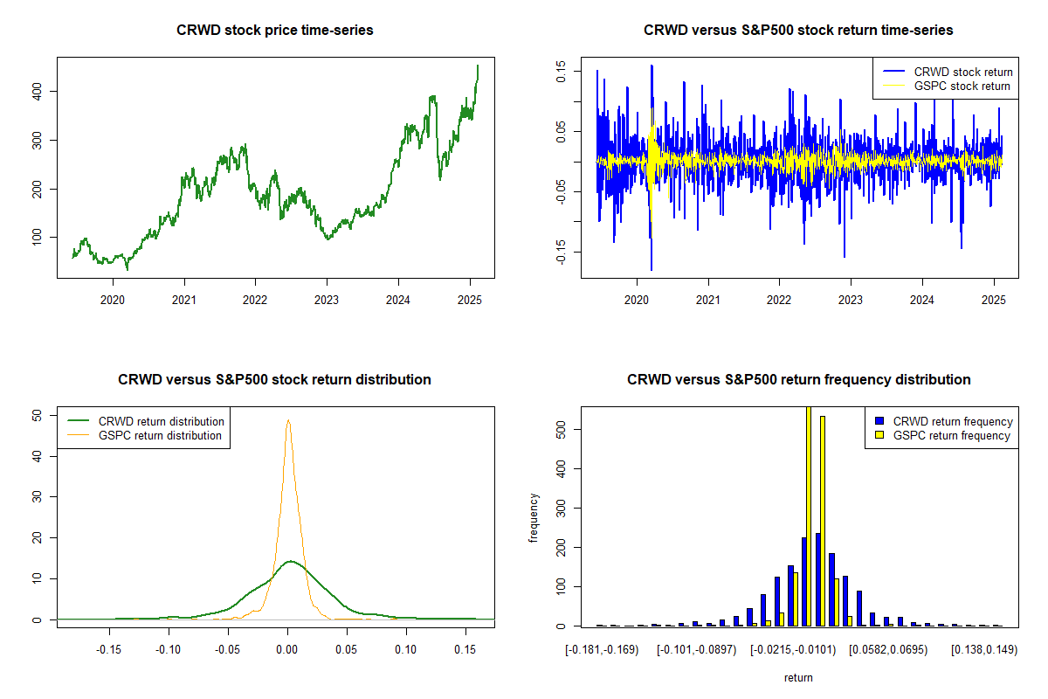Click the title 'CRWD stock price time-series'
274,31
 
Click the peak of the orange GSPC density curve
288,420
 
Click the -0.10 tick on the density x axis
169,650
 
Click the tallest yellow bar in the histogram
809,516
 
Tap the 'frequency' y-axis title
534,518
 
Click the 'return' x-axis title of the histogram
798,677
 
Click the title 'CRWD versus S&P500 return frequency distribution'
798,380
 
